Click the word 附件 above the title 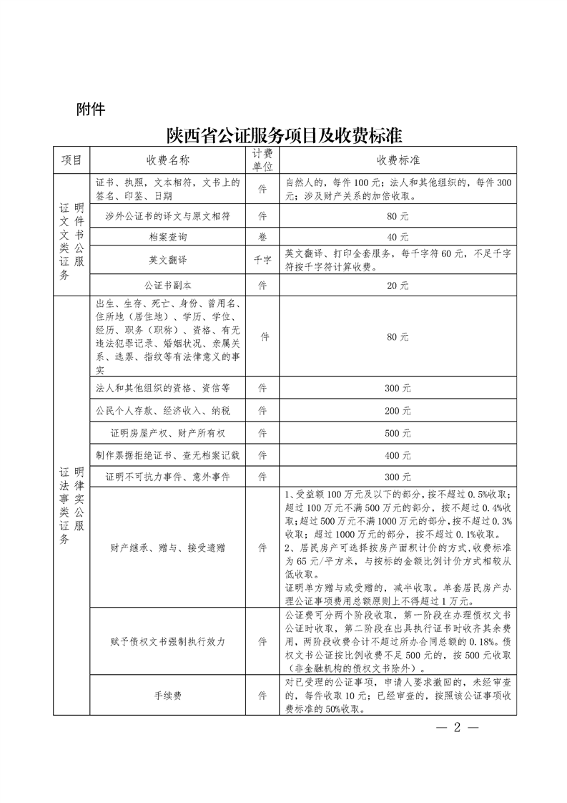90,109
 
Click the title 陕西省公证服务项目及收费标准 283,135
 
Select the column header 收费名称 168,159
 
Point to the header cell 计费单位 262,159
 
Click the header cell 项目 72,159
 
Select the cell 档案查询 168,236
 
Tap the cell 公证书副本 168,285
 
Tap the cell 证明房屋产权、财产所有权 168,433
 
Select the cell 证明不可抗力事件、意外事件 168,476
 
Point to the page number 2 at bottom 456,728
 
